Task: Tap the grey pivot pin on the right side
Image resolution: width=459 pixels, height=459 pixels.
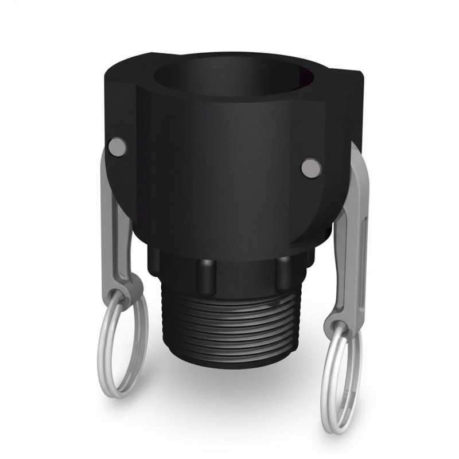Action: click(x=310, y=167)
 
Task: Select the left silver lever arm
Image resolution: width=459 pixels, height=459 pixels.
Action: click(x=118, y=229)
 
